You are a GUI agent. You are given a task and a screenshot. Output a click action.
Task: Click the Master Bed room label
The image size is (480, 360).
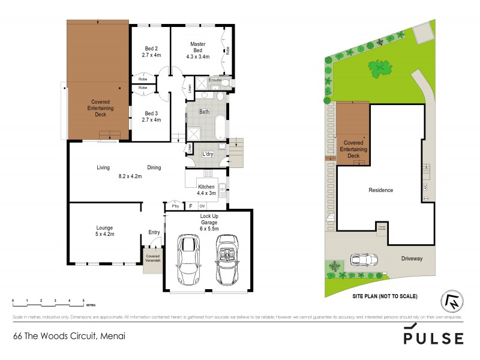pyautogui.click(x=198, y=48)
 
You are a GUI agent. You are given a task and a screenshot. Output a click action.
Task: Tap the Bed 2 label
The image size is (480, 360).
pyautogui.click(x=151, y=52)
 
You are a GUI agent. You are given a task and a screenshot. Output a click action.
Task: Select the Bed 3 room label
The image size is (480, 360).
pyautogui.click(x=151, y=116)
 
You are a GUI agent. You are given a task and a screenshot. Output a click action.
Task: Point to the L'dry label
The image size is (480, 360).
pyautogui.click(x=208, y=155)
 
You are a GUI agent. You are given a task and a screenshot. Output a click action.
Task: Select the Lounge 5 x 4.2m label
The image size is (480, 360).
pyautogui.click(x=104, y=231)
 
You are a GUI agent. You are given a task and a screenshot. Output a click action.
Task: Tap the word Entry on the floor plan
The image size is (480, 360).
pyautogui.click(x=154, y=232)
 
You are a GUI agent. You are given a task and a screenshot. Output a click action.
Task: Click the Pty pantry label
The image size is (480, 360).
pyautogui.click(x=175, y=206)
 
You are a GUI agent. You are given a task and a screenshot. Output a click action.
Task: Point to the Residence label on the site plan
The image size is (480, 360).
pyautogui.click(x=380, y=190)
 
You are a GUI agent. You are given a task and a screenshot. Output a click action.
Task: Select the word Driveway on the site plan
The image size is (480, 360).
pyautogui.click(x=412, y=259)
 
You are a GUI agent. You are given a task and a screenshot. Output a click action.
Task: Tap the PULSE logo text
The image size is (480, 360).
pyautogui.click(x=433, y=337)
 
